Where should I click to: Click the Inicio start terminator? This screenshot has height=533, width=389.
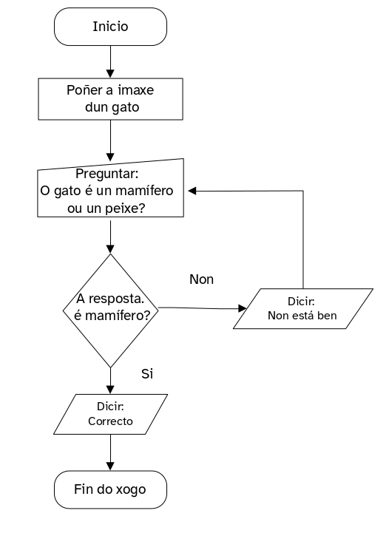click(110, 27)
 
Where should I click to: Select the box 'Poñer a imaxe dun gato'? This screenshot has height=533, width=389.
click(110, 99)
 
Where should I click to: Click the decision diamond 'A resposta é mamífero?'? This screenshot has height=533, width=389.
click(110, 308)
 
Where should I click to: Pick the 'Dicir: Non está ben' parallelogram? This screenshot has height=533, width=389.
click(302, 308)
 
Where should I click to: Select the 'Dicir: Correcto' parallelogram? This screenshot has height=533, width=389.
click(110, 414)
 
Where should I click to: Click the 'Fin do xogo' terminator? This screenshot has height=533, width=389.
click(110, 489)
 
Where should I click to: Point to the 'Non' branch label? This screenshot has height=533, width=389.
click(201, 279)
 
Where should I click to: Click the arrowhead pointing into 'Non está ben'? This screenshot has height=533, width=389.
click(241, 308)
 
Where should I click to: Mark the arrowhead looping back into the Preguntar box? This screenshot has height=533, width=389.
click(192, 191)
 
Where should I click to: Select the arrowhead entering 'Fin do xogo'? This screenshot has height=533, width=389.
click(110, 466)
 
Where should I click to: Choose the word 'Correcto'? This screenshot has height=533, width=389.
click(110, 421)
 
